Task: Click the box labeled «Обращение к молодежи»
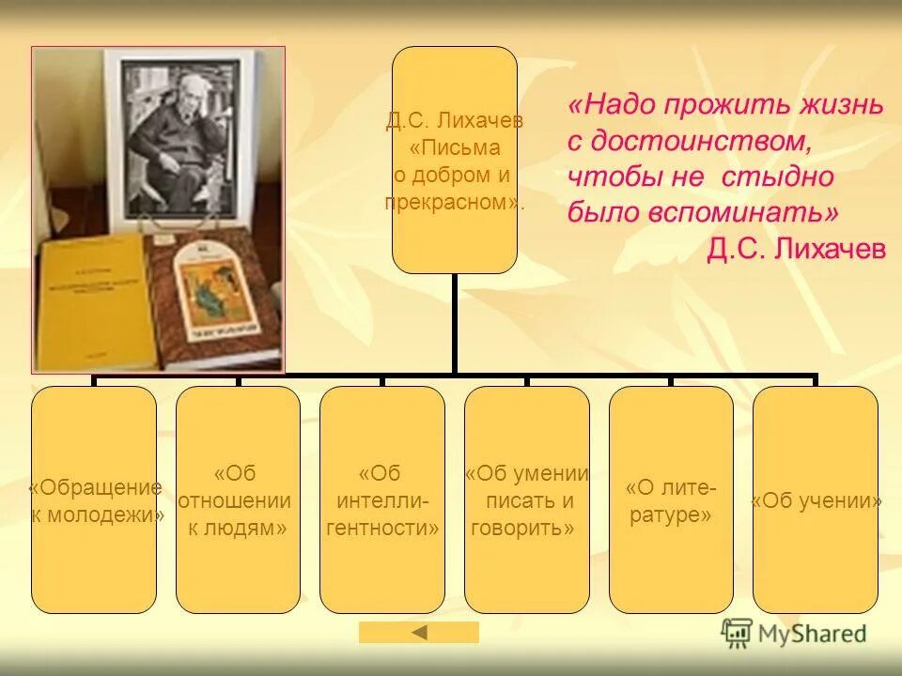pos(94,499)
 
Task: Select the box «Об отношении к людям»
pos(238,499)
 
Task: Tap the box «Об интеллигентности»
pos(381,499)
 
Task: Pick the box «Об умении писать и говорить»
pos(526,499)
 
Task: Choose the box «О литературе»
pos(671,499)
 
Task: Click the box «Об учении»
pos(816,499)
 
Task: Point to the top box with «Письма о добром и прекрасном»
pos(454,160)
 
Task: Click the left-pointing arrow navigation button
pos(419,633)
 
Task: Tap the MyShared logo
pos(793,633)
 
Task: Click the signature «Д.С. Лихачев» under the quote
pos(796,248)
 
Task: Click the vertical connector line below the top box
pos(454,324)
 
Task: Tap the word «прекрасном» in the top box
pos(453,202)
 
